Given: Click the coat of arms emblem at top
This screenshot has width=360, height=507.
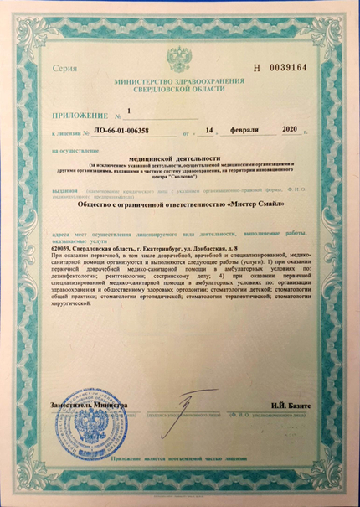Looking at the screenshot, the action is tap(178, 59).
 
